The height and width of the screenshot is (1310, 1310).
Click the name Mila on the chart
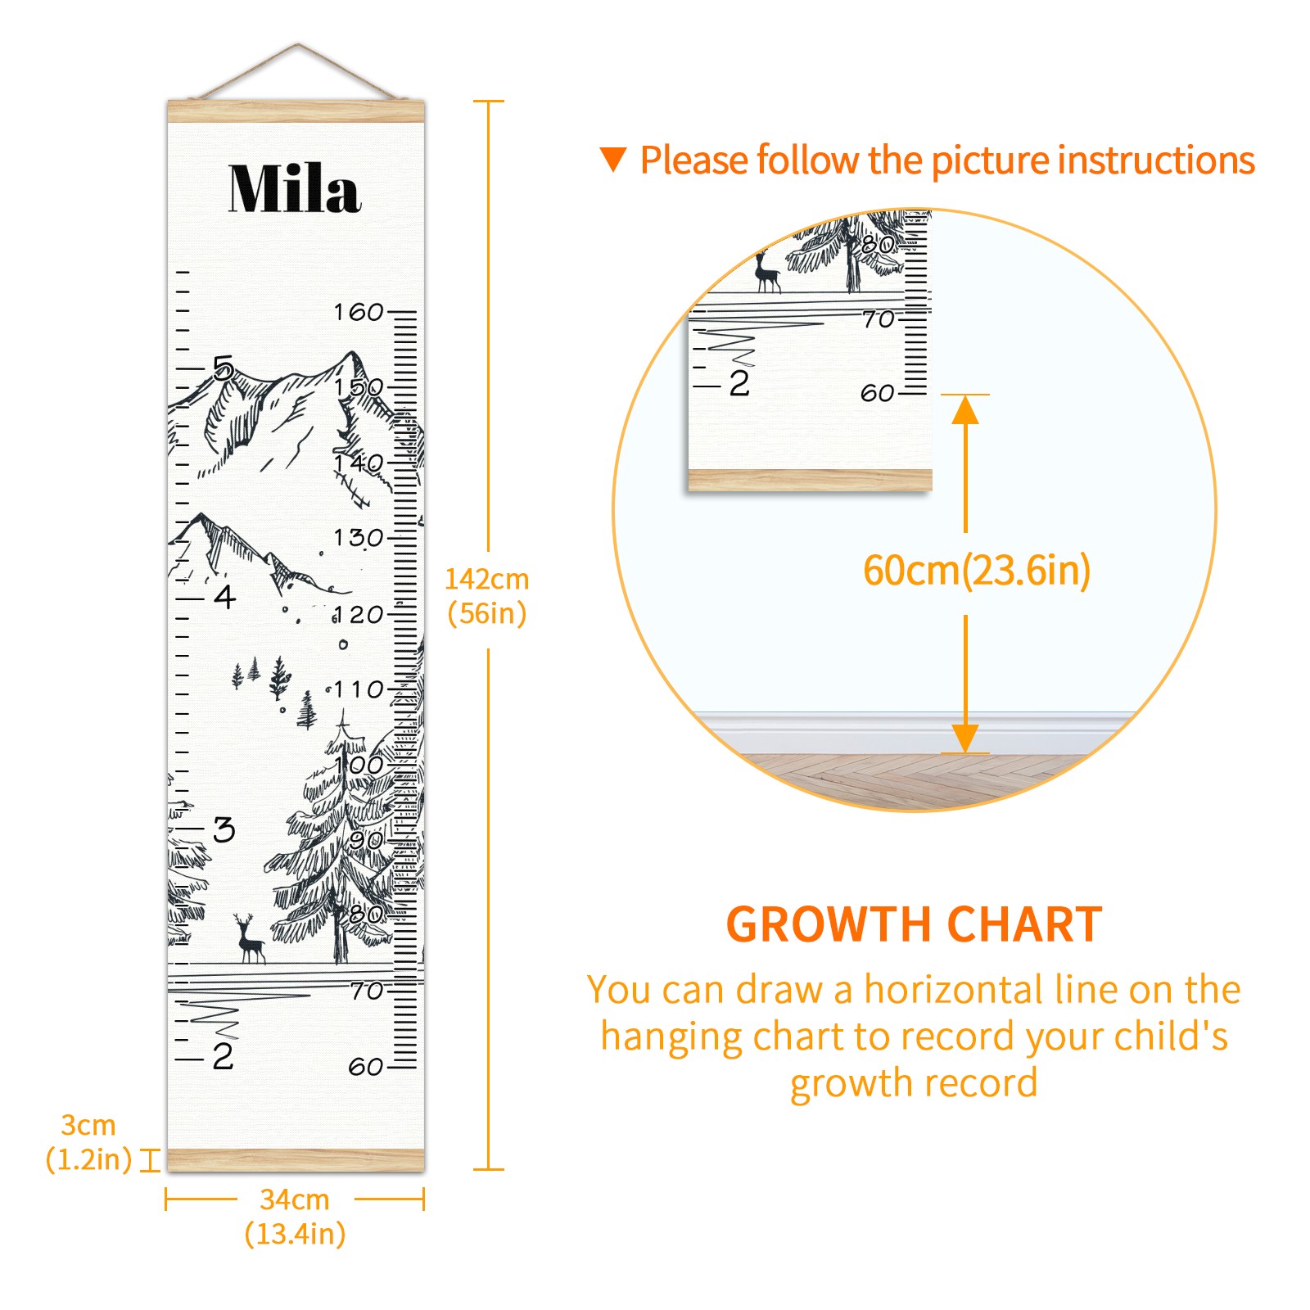(295, 188)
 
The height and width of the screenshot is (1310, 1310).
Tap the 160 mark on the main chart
(359, 312)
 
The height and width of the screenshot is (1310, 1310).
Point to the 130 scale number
(359, 538)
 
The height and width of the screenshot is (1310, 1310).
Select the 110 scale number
(359, 689)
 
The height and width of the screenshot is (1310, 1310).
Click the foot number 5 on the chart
(224, 368)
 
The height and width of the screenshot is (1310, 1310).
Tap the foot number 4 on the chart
(225, 597)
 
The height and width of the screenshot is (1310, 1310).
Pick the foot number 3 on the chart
(224, 829)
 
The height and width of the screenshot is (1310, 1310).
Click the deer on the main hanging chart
(250, 939)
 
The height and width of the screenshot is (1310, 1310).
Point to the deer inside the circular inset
(766, 272)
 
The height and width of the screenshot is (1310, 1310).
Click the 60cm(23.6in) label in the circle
(977, 571)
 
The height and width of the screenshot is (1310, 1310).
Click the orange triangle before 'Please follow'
(613, 159)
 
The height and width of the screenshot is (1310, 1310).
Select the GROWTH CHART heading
(915, 925)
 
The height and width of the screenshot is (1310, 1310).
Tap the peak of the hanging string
(298, 44)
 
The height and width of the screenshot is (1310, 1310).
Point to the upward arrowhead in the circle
(966, 409)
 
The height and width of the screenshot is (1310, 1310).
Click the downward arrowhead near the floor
(966, 739)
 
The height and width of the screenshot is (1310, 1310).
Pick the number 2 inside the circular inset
(739, 383)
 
